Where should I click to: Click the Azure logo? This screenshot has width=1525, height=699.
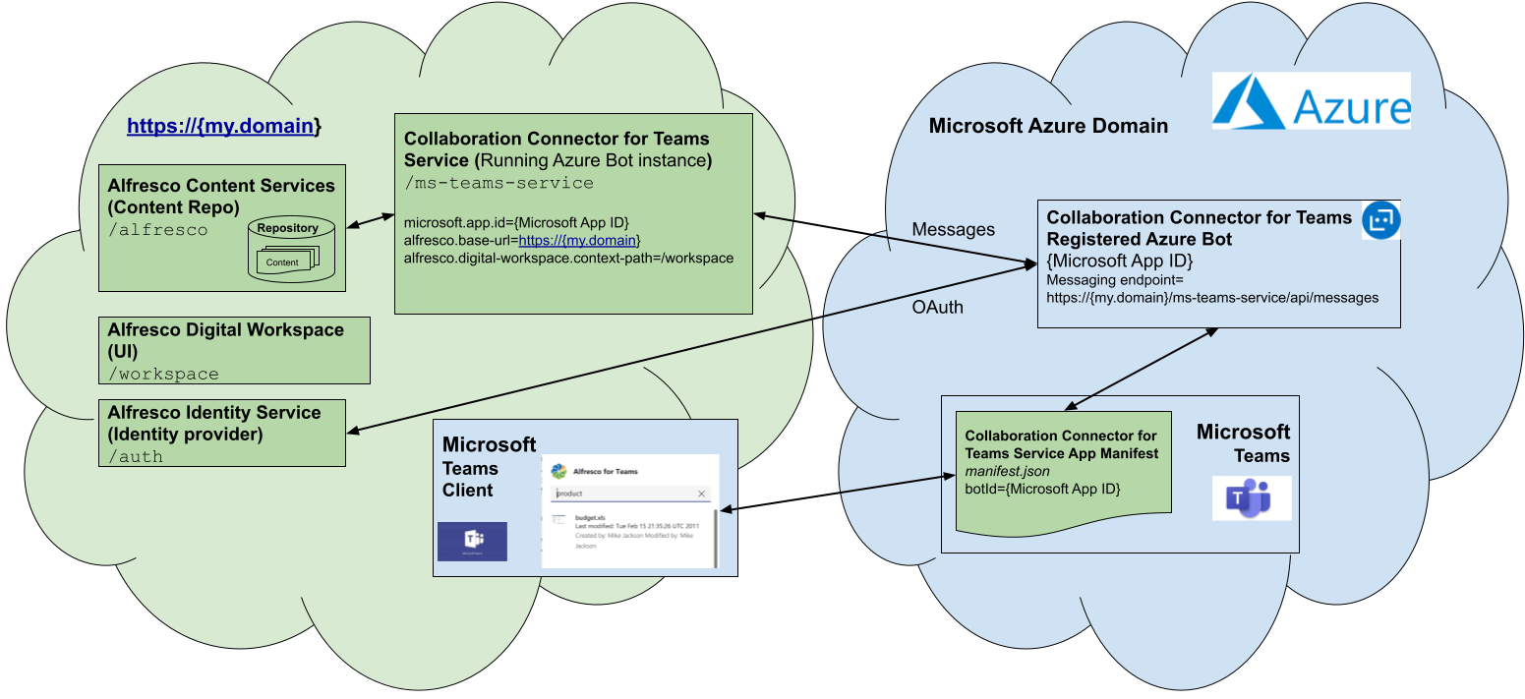pos(1311,100)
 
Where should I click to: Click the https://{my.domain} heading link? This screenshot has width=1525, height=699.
pos(224,127)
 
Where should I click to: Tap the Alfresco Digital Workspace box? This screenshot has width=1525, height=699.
pos(234,349)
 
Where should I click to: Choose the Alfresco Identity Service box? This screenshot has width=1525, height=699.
pos(222,433)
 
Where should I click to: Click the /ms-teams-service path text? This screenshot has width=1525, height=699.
pos(499,183)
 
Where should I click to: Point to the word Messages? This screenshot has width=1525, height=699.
pos(953,229)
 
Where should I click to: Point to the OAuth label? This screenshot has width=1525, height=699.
pos(937,307)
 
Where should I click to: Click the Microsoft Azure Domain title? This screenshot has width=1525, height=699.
pos(1048,126)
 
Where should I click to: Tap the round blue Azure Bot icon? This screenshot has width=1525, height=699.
pos(1380,220)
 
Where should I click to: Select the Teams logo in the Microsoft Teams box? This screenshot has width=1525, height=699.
pos(1250,498)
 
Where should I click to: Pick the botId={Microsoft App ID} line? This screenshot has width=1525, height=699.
pos(1042,489)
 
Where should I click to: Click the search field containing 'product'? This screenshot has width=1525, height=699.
pos(625,494)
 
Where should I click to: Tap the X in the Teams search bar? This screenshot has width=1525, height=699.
pos(701,494)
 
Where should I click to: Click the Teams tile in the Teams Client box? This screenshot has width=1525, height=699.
pos(472,541)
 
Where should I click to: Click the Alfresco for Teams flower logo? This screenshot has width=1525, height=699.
pos(558,471)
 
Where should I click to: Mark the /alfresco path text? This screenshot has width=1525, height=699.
pos(158,230)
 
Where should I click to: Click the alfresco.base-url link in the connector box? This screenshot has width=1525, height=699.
pos(579,240)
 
